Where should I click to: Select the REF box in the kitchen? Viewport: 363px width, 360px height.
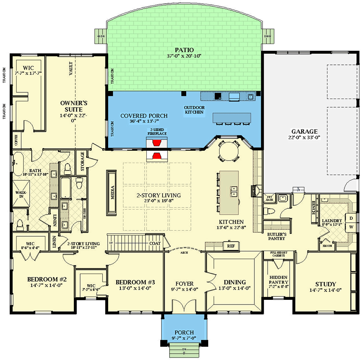click(231, 246)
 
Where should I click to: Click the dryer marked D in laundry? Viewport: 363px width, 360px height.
click(351, 218)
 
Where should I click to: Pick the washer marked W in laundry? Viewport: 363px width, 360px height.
click(351, 227)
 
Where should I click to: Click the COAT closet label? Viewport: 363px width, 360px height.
click(154, 244)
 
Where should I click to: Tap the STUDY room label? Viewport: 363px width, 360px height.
click(326, 284)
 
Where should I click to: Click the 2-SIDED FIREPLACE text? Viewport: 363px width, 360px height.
click(157, 132)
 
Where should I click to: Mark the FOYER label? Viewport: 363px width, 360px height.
click(184, 283)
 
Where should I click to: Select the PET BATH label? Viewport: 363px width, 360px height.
click(268, 197)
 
